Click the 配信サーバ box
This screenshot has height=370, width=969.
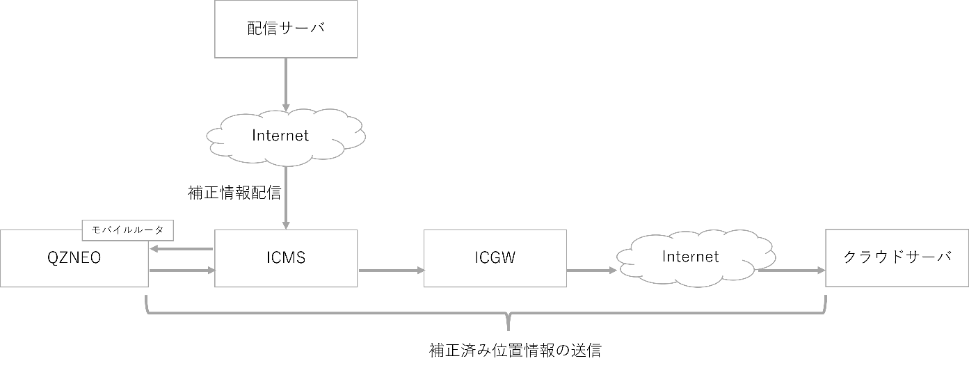pos(286,29)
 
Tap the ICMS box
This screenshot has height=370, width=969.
pos(286,259)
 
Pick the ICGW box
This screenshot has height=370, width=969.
pos(495,259)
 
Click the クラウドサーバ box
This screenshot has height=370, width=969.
pos(897,259)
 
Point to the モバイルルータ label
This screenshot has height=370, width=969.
pos(128,230)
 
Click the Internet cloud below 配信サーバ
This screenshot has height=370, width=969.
pos(286,136)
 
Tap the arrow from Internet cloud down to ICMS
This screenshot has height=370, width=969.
pos(286,198)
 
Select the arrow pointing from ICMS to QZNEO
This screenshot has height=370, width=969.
pos(182,248)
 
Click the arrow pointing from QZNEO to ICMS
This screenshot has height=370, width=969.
pos(182,271)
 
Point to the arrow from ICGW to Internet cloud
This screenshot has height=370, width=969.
pos(592,271)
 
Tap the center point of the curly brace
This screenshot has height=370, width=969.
pos(508,321)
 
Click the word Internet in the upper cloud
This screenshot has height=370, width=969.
pos(280,136)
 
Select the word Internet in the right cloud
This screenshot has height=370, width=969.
pos(690,257)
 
